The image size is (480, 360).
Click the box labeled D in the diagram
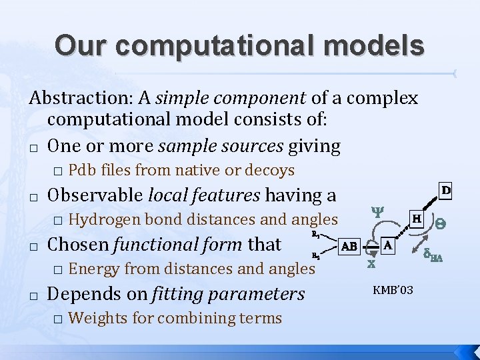coord(446,191)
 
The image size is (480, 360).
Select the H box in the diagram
coord(416,218)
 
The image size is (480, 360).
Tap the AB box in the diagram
coord(349,246)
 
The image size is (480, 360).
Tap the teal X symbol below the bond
coord(371,264)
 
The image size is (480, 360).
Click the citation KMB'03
coord(393,290)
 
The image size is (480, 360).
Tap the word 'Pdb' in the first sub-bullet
coord(81,171)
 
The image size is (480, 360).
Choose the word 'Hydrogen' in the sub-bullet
coord(104,219)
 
